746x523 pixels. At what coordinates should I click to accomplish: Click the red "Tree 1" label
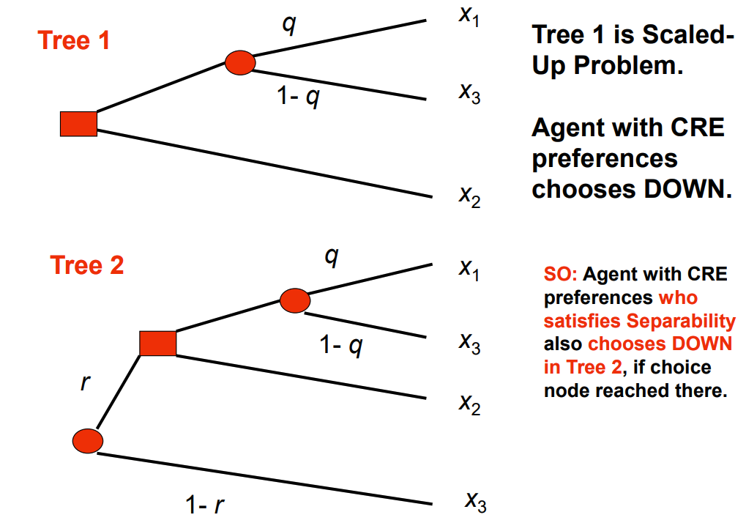click(74, 40)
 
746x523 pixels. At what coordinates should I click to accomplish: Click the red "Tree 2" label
click(87, 264)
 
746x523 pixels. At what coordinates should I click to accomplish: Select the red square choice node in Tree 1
click(78, 124)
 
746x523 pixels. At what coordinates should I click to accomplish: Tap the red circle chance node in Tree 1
click(239, 63)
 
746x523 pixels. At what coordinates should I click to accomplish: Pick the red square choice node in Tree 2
click(157, 343)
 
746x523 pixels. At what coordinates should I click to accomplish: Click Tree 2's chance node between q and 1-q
click(295, 300)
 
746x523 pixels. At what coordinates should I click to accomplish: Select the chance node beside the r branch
click(88, 440)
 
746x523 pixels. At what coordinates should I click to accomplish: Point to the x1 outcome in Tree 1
click(469, 16)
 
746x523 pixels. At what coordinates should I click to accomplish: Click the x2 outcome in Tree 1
click(469, 196)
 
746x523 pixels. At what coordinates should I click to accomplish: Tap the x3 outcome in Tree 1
click(469, 93)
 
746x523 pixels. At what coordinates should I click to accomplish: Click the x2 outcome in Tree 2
click(469, 403)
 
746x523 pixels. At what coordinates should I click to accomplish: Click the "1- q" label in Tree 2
click(340, 345)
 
